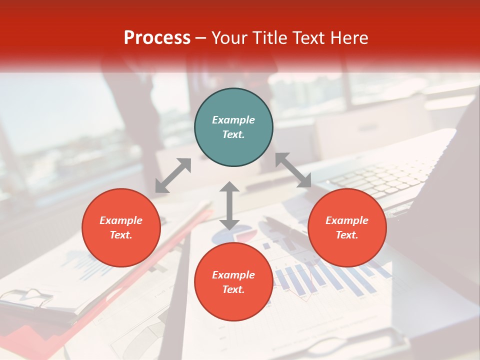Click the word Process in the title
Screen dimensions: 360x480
(x=157, y=37)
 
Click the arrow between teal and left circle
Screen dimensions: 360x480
(x=173, y=175)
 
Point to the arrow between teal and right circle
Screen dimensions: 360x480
(x=293, y=170)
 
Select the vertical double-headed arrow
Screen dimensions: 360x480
(x=229, y=205)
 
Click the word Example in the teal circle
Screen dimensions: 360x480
(x=233, y=120)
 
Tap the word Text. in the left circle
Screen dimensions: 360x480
(x=121, y=235)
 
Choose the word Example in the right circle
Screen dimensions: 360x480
(x=347, y=220)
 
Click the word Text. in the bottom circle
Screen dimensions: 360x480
(x=233, y=289)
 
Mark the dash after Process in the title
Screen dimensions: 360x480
(x=201, y=38)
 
